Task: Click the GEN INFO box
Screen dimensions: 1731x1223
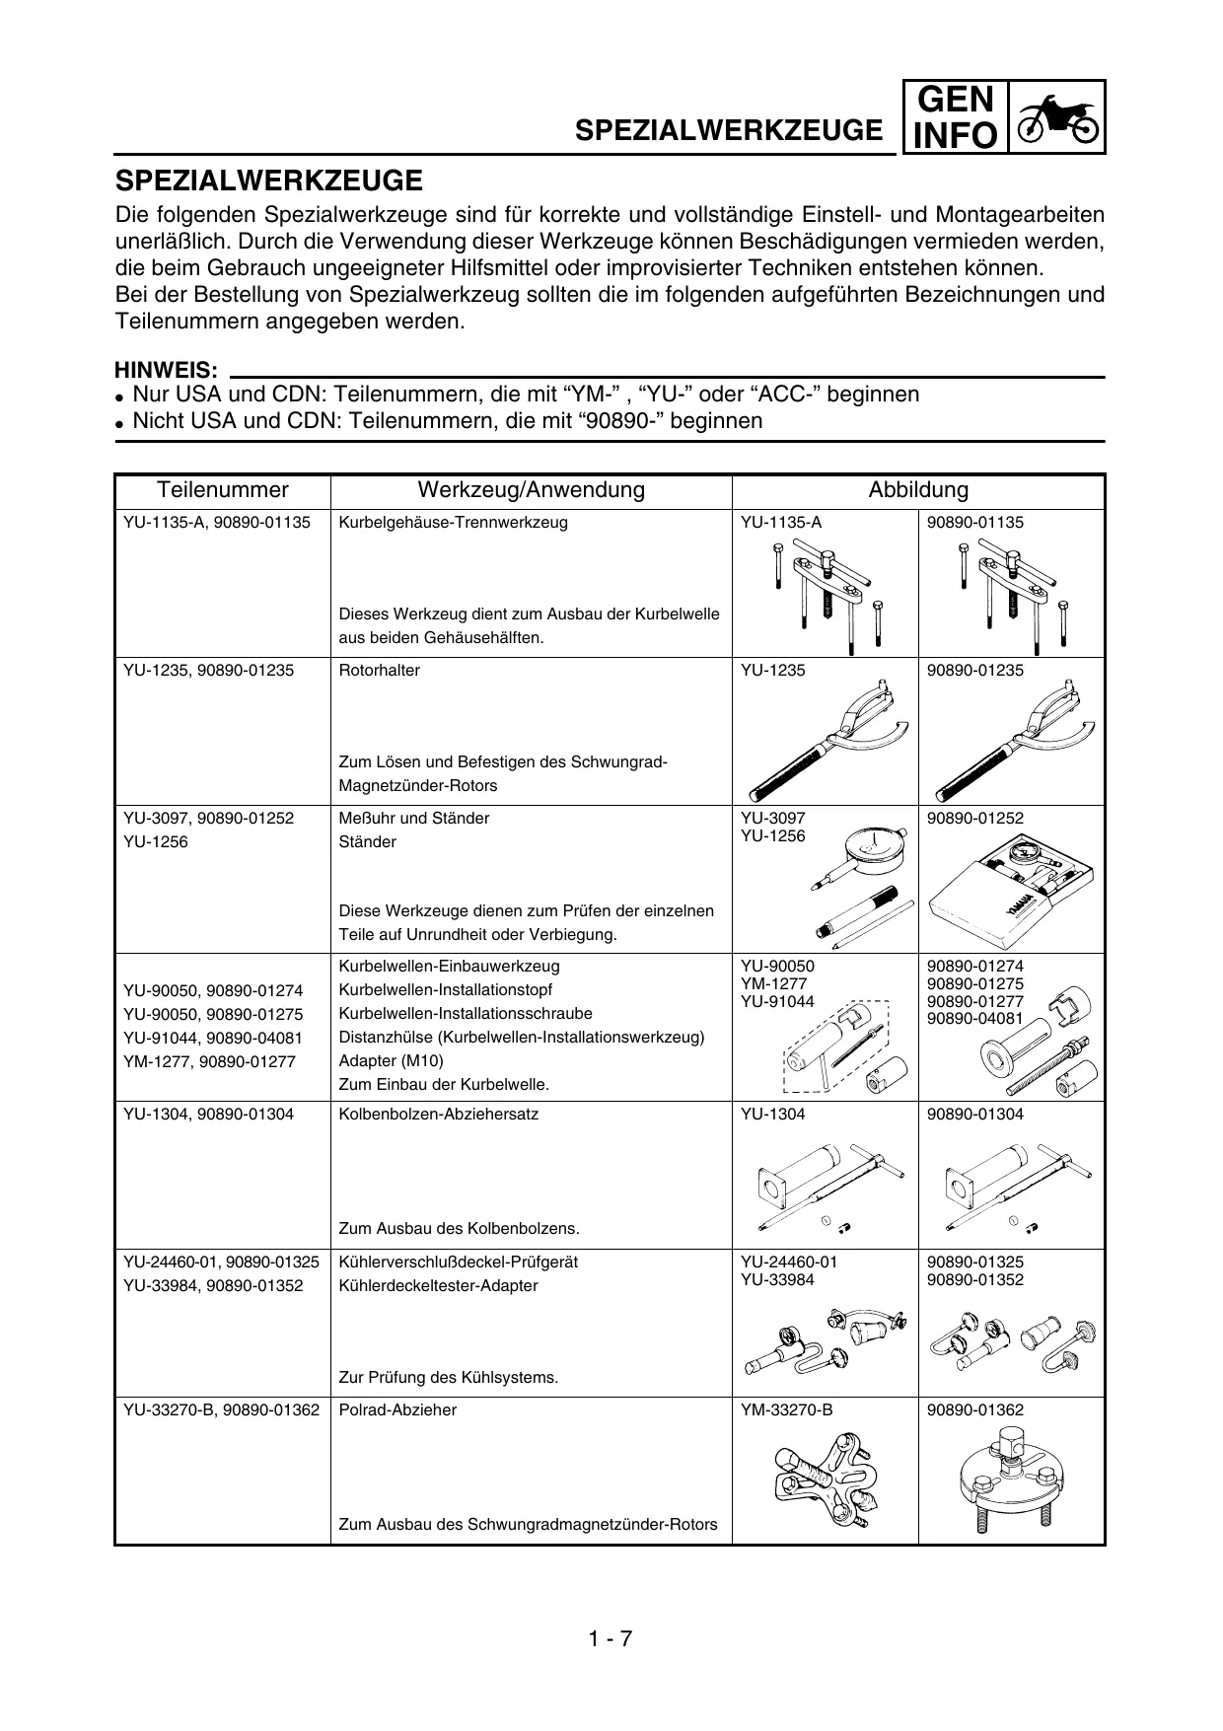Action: point(954,117)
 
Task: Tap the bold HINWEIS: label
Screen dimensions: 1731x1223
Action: point(167,371)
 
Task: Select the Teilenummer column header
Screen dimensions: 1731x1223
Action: point(223,490)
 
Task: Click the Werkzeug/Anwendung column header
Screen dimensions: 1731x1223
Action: point(531,490)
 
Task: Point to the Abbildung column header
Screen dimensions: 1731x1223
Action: point(917,490)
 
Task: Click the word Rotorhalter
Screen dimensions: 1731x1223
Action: point(379,671)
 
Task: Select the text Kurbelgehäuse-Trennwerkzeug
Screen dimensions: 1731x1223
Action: point(453,523)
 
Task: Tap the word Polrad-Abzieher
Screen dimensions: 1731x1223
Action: point(397,1410)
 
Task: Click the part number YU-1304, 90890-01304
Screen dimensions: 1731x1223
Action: point(208,1115)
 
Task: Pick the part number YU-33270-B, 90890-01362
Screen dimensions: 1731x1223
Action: point(221,1410)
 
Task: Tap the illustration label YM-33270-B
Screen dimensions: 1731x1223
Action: point(786,1410)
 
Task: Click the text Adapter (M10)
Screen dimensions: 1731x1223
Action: point(391,1061)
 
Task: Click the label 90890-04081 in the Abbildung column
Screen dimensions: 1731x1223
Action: point(974,1018)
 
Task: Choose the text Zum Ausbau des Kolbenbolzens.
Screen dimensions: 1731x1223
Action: point(459,1229)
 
